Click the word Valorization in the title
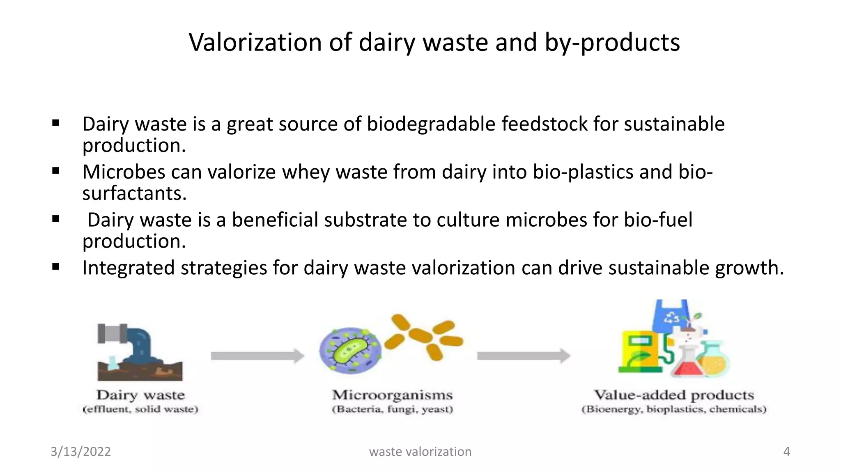255,42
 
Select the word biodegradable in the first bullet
431,124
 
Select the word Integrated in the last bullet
129,268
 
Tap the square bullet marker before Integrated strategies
56,267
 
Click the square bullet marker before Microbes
56,171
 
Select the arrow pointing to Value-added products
523,356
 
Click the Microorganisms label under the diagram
392,395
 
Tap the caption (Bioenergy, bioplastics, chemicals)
674,409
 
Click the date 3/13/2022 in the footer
80,452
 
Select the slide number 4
786,452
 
